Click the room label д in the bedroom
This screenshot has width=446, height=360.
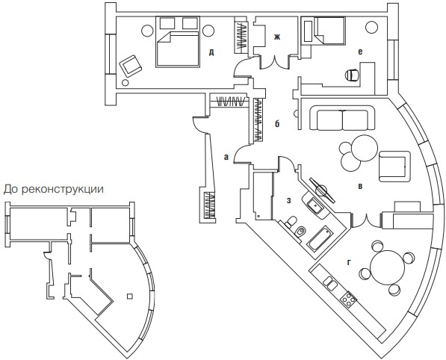point(211,52)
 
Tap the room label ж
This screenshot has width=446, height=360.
point(277,37)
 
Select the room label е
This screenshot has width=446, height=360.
point(360,52)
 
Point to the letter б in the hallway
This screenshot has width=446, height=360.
point(277,123)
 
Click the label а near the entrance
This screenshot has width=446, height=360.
point(226,157)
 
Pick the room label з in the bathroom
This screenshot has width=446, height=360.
point(288,200)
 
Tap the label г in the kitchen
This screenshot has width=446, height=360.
point(349,263)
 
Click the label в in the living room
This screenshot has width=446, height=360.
point(360,187)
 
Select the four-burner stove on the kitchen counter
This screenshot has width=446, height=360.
point(348,300)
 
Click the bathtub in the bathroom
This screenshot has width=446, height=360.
point(320,238)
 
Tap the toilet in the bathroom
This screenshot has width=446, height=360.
point(291,222)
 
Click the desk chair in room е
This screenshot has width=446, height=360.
point(352,75)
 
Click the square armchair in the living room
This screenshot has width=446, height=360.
point(394,167)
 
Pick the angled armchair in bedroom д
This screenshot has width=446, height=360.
point(130,66)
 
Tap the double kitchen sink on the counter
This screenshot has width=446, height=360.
point(330,284)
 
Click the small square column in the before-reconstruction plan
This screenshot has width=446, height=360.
point(130,297)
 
